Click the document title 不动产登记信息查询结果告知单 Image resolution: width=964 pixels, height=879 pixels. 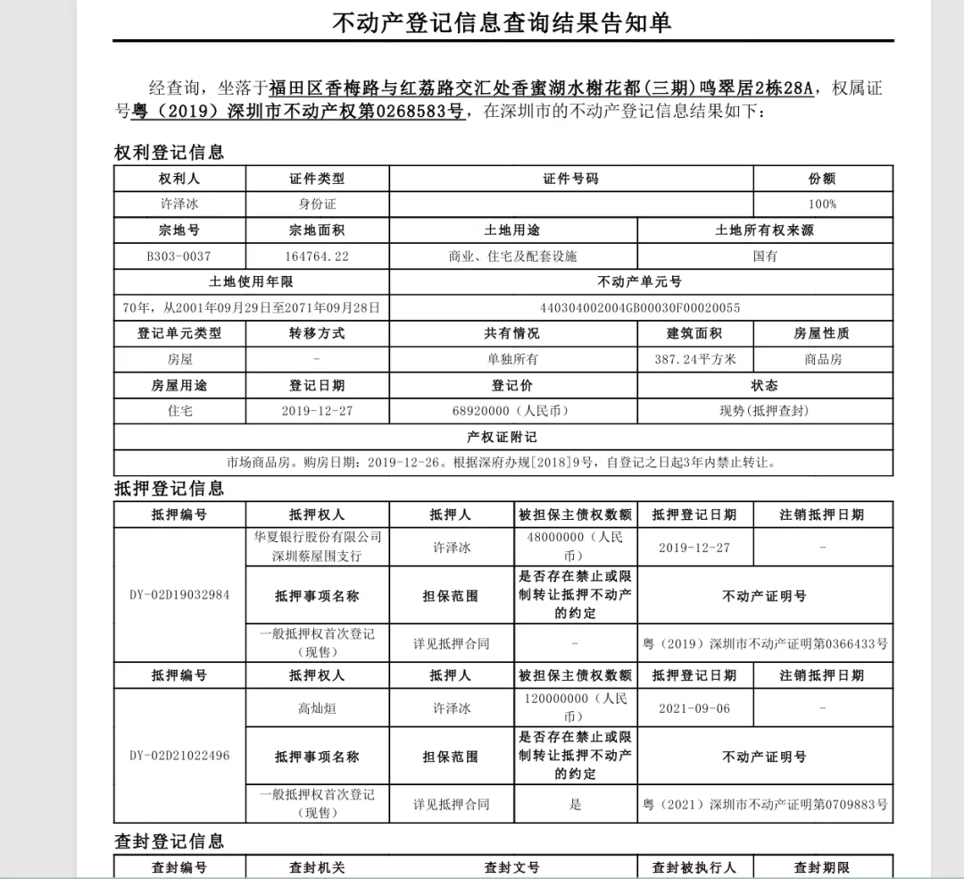click(x=502, y=22)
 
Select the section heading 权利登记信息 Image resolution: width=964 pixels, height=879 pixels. click(x=169, y=152)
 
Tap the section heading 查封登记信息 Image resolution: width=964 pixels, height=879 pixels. click(x=169, y=841)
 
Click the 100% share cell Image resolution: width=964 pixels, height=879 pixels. click(x=822, y=204)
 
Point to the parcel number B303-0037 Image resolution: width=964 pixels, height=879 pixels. click(x=179, y=256)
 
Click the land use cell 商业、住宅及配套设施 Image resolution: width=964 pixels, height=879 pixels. click(x=512, y=256)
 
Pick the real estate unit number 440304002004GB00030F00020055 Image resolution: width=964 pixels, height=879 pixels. click(x=639, y=308)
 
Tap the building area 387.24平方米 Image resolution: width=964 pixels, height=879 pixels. click(x=695, y=359)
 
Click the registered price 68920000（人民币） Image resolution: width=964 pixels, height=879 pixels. click(x=512, y=411)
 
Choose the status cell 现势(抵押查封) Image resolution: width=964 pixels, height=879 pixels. click(x=764, y=411)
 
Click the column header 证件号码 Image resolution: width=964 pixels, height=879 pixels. click(x=570, y=179)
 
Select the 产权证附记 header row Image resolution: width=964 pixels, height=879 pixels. click(x=502, y=437)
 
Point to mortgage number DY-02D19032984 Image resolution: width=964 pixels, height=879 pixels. click(x=179, y=595)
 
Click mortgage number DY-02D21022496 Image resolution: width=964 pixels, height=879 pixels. click(x=179, y=756)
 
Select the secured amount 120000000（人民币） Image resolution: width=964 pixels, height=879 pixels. click(x=576, y=707)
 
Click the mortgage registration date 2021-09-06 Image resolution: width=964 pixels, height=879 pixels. click(x=694, y=708)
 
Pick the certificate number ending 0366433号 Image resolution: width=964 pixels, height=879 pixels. click(x=765, y=643)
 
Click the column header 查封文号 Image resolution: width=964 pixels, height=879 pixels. click(x=512, y=867)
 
